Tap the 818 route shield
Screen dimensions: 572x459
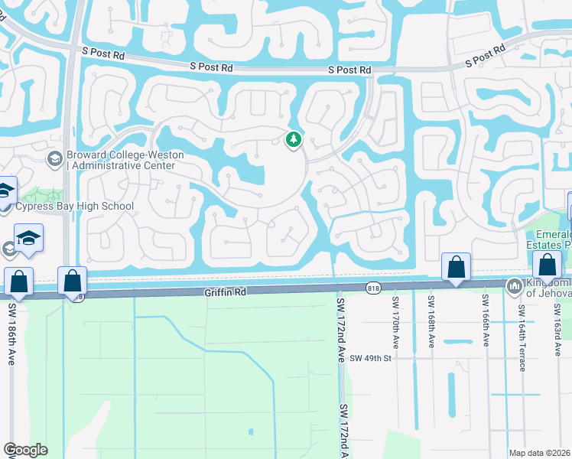click(373, 288)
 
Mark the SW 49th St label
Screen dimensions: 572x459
click(371, 357)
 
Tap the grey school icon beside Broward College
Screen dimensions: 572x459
click(54, 159)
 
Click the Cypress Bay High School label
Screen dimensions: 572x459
click(76, 206)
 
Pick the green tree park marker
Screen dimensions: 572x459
click(292, 140)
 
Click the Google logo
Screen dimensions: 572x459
click(25, 450)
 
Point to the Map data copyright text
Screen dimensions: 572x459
click(539, 453)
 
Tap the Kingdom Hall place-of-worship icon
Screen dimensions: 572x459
click(512, 285)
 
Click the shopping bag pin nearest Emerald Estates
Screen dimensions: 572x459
click(548, 265)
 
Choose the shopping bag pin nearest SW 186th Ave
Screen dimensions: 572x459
click(19, 282)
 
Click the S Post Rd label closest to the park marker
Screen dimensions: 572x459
click(349, 70)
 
